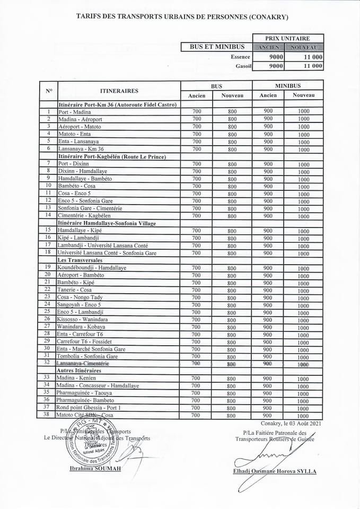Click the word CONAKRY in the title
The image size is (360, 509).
[268, 17]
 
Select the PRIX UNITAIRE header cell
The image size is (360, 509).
[288, 38]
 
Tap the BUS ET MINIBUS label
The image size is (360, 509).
[217, 47]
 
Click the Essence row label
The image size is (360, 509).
[240, 57]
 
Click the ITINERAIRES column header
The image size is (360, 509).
[119, 91]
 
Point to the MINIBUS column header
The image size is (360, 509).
[287, 85]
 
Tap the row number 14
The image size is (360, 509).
[48, 215]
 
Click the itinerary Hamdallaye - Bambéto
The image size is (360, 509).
[84, 179]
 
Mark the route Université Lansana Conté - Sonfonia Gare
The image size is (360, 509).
[107, 253]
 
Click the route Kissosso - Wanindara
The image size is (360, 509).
[83, 320]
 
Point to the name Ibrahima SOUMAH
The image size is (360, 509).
[95, 469]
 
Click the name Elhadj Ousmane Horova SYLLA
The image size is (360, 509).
[274, 471]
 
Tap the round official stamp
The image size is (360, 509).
[91, 441]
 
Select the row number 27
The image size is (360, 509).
[48, 327]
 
